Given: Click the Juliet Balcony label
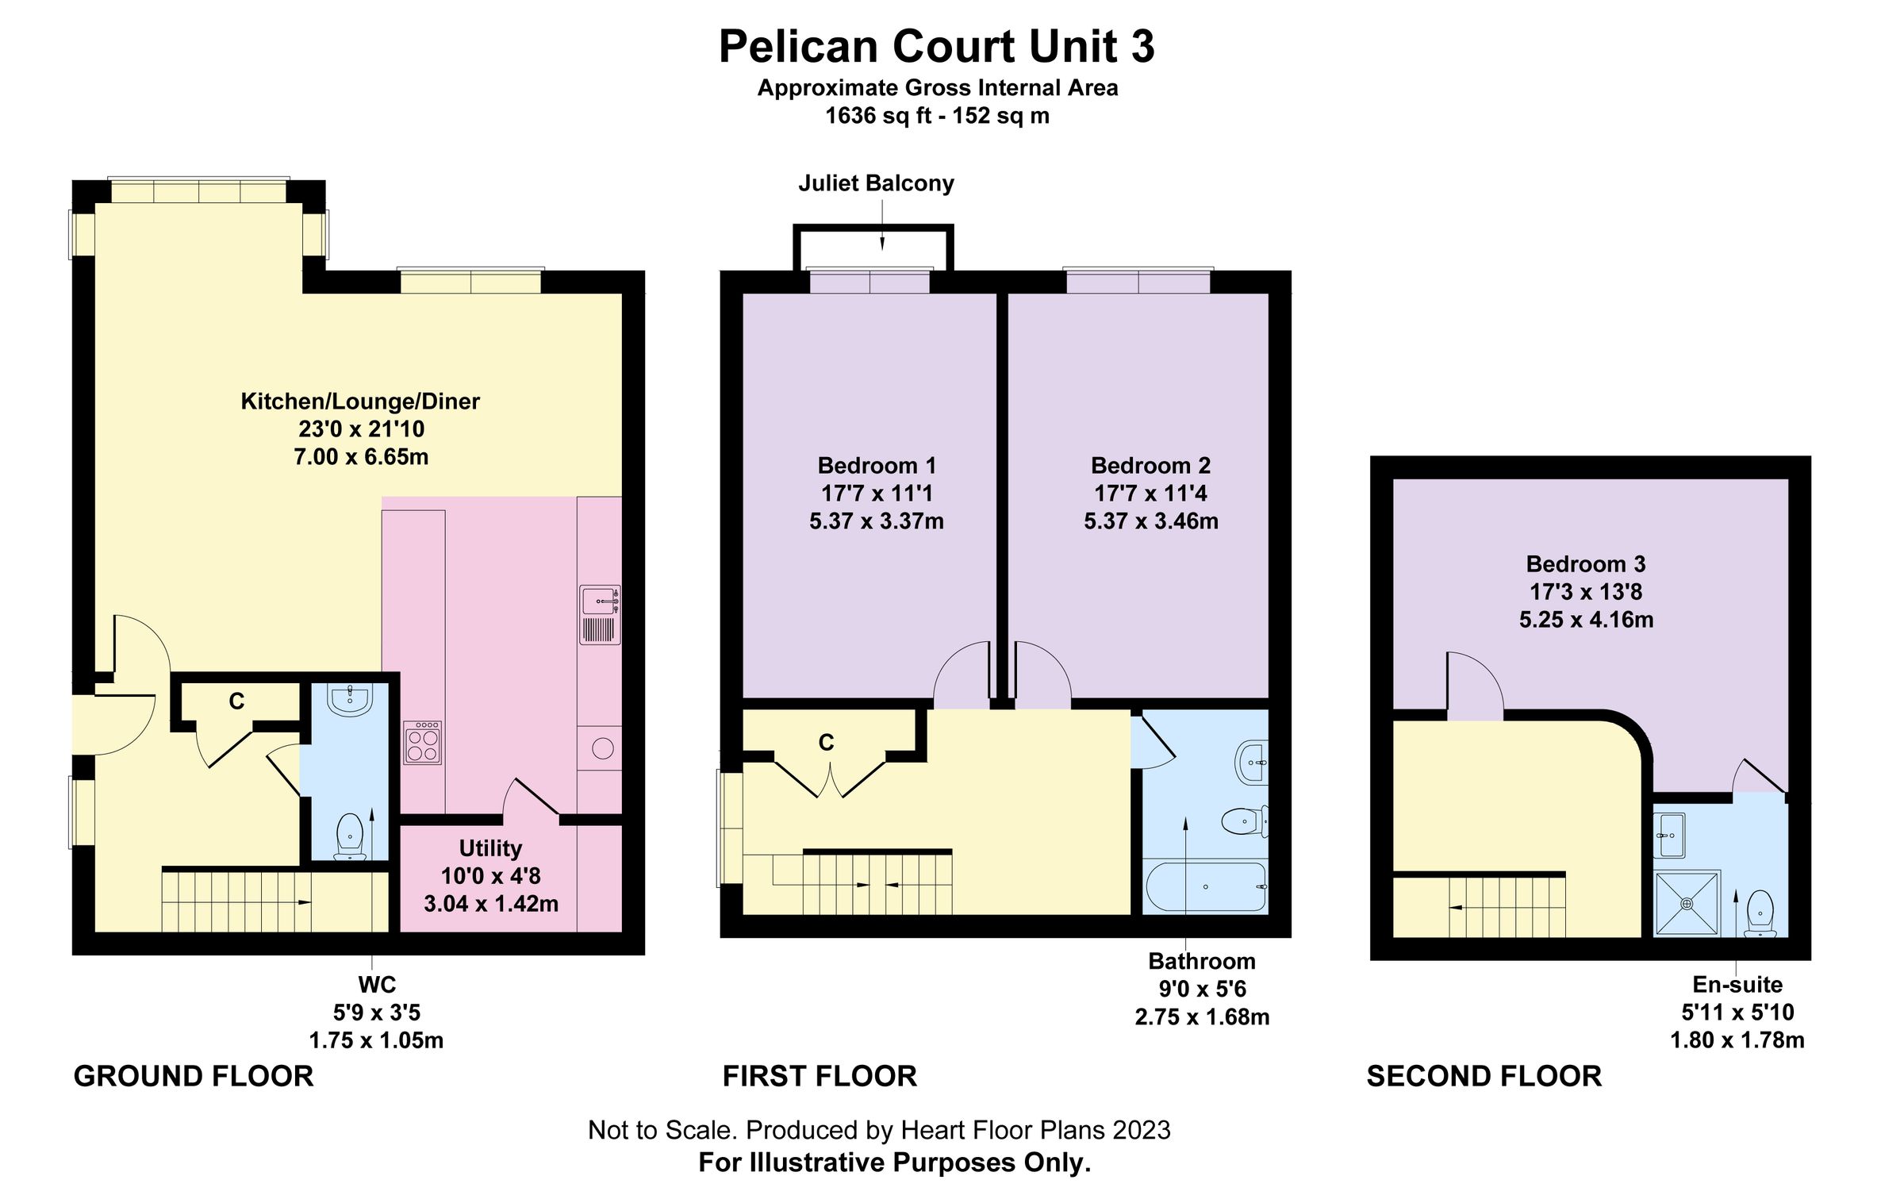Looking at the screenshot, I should [876, 183].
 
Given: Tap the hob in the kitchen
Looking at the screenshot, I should [422, 744].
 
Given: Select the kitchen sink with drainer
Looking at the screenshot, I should [600, 615].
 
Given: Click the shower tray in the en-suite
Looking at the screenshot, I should [1687, 904].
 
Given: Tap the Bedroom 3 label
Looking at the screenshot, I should [1586, 564].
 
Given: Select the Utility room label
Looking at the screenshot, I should [490, 848].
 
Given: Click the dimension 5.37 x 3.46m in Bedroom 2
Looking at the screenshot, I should [1151, 521].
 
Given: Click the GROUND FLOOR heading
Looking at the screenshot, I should [194, 1077].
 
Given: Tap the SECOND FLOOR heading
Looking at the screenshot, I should [1484, 1077].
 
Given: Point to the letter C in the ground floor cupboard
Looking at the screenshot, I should [236, 701].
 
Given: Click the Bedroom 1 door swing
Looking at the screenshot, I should [962, 674].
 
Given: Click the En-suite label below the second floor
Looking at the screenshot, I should [1737, 985].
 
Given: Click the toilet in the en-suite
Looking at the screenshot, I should [1760, 913].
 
